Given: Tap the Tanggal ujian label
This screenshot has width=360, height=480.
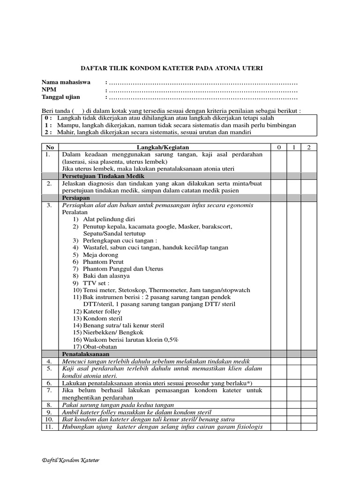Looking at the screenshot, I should coord(60,97).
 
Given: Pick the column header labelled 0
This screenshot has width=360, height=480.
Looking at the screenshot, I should coord(279,148).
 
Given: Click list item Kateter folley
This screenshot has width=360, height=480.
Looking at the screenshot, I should coord(102,311).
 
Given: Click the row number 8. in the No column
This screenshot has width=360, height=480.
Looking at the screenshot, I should coord(49,404).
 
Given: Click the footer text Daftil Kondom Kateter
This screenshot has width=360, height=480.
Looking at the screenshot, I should coord(70,460).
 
